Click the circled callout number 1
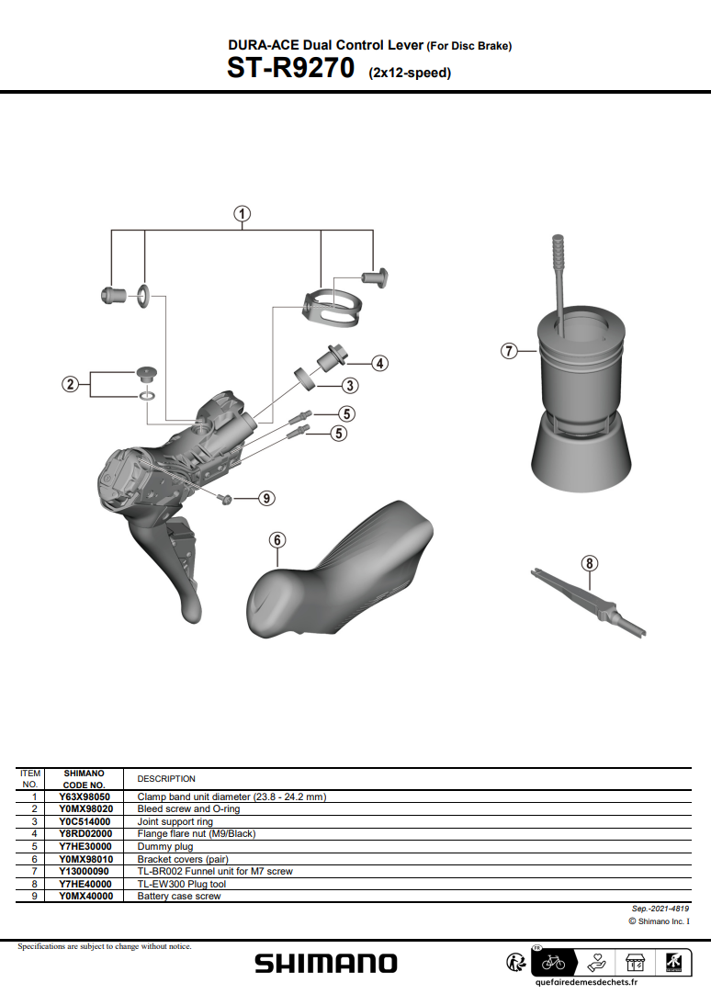click(x=242, y=214)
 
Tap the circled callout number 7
click(x=509, y=351)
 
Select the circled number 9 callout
click(x=266, y=498)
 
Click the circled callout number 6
click(x=276, y=540)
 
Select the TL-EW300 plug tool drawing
click(x=588, y=602)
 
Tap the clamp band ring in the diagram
click(x=333, y=307)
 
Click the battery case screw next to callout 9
click(x=224, y=498)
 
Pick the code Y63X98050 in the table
click(x=85, y=796)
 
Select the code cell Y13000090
click(x=84, y=872)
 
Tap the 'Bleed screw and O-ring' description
click(x=188, y=809)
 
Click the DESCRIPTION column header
click(x=166, y=778)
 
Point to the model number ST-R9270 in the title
click(x=291, y=69)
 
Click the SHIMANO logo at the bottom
click(x=326, y=964)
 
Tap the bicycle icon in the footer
click(x=553, y=962)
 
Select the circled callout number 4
click(x=379, y=363)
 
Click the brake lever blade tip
click(x=191, y=614)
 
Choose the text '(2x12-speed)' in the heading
click(x=410, y=73)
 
